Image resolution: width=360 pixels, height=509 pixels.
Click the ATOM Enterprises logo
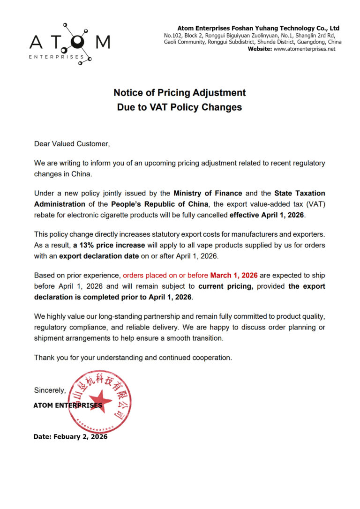point(70,42)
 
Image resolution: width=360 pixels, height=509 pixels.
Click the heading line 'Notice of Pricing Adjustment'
point(180,92)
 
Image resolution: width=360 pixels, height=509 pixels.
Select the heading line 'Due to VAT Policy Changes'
point(180,107)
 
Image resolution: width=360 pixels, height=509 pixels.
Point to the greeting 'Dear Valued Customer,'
point(72,144)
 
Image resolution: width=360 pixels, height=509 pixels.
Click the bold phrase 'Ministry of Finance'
point(208,193)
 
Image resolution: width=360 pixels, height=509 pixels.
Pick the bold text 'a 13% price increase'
point(109,245)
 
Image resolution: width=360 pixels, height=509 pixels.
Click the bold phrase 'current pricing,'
point(225,286)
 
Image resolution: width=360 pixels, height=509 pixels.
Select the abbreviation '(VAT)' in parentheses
point(315,204)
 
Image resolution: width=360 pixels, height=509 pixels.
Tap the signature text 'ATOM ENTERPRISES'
point(67,405)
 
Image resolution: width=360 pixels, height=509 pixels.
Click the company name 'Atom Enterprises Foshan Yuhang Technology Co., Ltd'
point(258,28)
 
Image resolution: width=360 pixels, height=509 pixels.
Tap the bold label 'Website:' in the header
point(260,49)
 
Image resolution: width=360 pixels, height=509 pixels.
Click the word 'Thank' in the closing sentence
point(44,358)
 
